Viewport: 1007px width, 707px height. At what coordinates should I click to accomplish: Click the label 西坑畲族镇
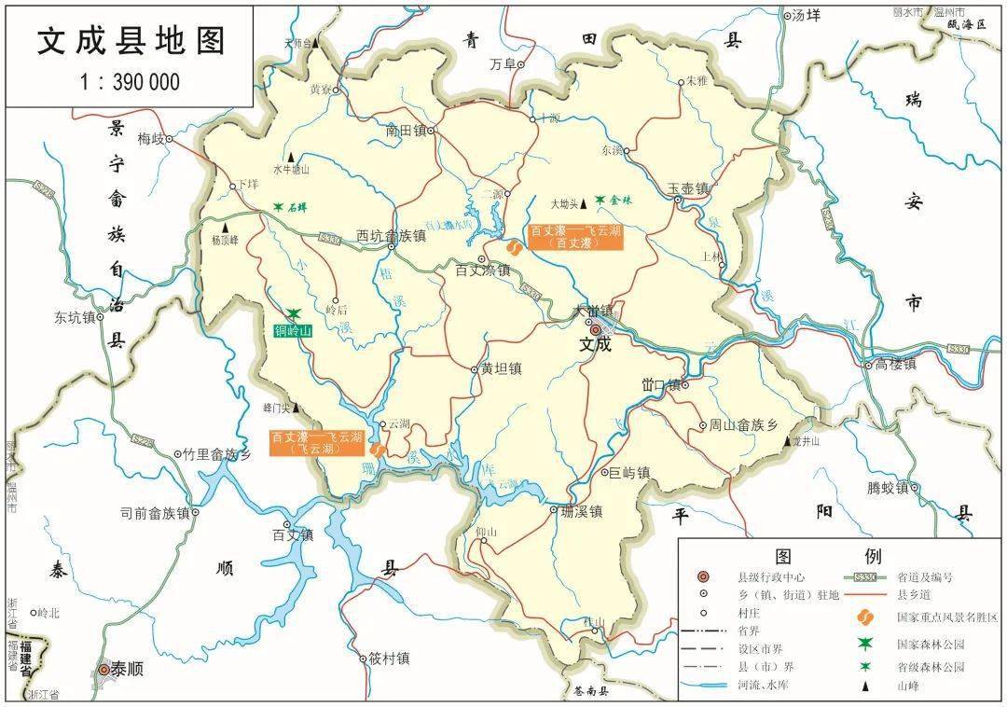point(391,236)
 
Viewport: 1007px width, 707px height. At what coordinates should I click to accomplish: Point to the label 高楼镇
point(895,364)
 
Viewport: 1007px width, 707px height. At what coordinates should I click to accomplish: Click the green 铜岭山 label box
point(294,330)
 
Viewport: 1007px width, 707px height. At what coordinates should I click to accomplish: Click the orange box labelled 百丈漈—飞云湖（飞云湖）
point(316,442)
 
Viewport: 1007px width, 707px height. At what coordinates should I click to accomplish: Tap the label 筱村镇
point(389,658)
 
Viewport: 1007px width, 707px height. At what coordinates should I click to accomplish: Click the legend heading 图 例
point(829,557)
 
